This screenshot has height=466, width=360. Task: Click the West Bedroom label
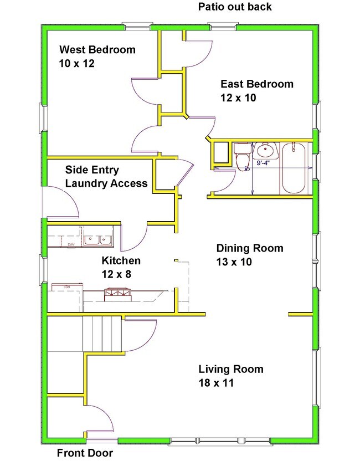point(97,50)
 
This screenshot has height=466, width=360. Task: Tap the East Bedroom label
point(256,84)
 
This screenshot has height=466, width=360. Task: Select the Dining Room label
point(249,248)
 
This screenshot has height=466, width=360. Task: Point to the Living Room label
point(231,369)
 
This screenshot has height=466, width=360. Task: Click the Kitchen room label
point(121,260)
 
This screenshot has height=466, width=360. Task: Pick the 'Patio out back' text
point(235,7)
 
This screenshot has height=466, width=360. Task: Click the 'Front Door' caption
point(85,453)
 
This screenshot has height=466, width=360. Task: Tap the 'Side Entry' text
point(92,170)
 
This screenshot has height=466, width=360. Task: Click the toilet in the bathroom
point(243,158)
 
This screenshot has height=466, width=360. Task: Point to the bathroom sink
point(266,150)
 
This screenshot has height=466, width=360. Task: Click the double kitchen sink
point(99,240)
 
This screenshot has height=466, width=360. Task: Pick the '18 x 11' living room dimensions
point(215,382)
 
